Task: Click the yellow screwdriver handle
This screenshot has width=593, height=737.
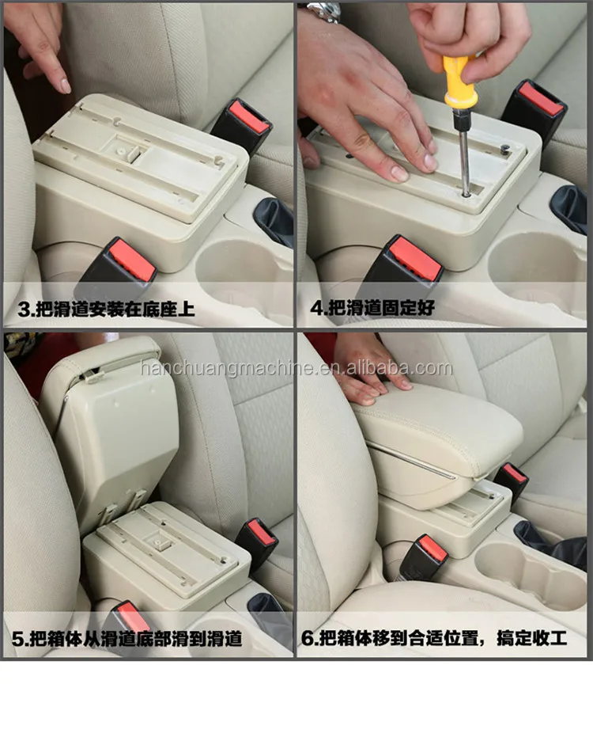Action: tap(459, 83)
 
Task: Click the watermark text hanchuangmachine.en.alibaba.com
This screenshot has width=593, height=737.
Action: tap(296, 368)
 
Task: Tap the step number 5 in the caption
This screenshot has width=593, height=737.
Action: tap(17, 638)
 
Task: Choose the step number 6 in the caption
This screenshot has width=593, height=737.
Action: tap(309, 638)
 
